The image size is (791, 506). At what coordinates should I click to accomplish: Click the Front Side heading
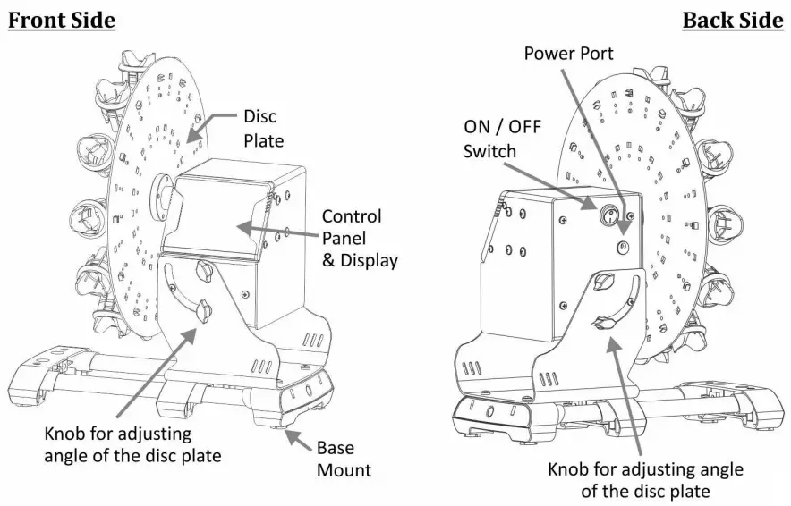point(62,20)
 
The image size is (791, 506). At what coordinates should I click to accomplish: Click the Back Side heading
point(732,20)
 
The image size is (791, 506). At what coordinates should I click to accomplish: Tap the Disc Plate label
point(264,128)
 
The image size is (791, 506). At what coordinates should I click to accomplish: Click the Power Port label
point(568,54)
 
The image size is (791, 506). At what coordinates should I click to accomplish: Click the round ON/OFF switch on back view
point(607,215)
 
